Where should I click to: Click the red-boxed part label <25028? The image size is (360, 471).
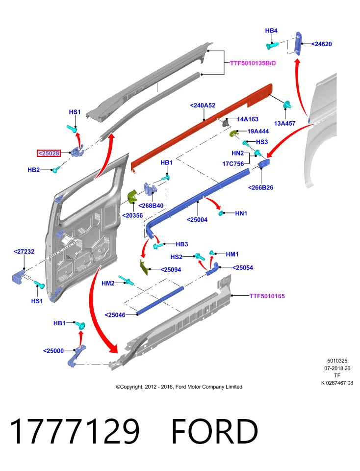click(49, 153)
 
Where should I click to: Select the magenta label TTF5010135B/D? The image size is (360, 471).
click(253, 63)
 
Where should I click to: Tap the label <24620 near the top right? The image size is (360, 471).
click(321, 44)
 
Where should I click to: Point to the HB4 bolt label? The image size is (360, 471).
click(271, 30)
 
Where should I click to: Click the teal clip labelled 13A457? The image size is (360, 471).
click(287, 105)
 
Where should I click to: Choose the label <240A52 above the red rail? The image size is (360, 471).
click(203, 105)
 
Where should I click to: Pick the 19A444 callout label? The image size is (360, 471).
click(258, 131)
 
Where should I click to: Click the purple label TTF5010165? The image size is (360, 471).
click(267, 296)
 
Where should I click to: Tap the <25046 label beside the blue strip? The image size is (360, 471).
click(115, 315)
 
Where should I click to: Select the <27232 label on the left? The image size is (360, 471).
click(24, 251)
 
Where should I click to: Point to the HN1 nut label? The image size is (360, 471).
click(241, 213)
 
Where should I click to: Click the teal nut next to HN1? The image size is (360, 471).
click(222, 213)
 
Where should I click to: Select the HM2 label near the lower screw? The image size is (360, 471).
click(108, 283)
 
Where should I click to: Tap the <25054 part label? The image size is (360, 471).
click(243, 267)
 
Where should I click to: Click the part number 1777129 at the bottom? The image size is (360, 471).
click(75, 431)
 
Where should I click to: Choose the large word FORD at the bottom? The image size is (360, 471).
click(215, 431)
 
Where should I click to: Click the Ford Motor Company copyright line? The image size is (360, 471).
click(179, 387)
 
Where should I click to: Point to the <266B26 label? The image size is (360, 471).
click(260, 187)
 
